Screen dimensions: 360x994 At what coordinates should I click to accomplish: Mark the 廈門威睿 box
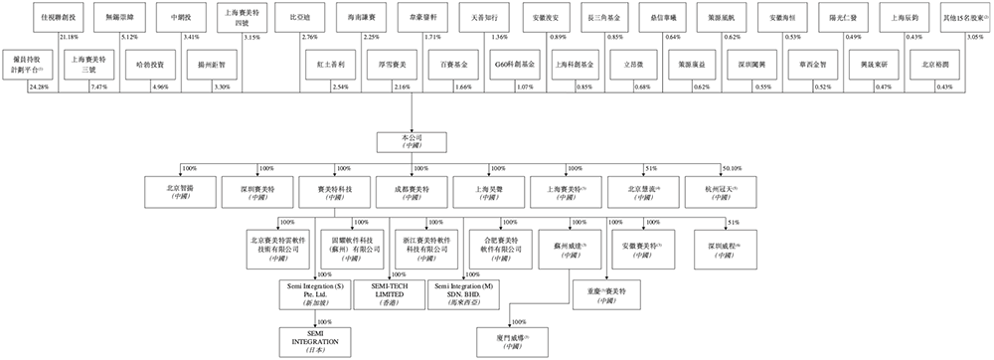[x=512, y=340]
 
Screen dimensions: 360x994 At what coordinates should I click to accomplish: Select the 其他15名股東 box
[x=964, y=18]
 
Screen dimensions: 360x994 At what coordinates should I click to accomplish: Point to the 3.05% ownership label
[x=978, y=37]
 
